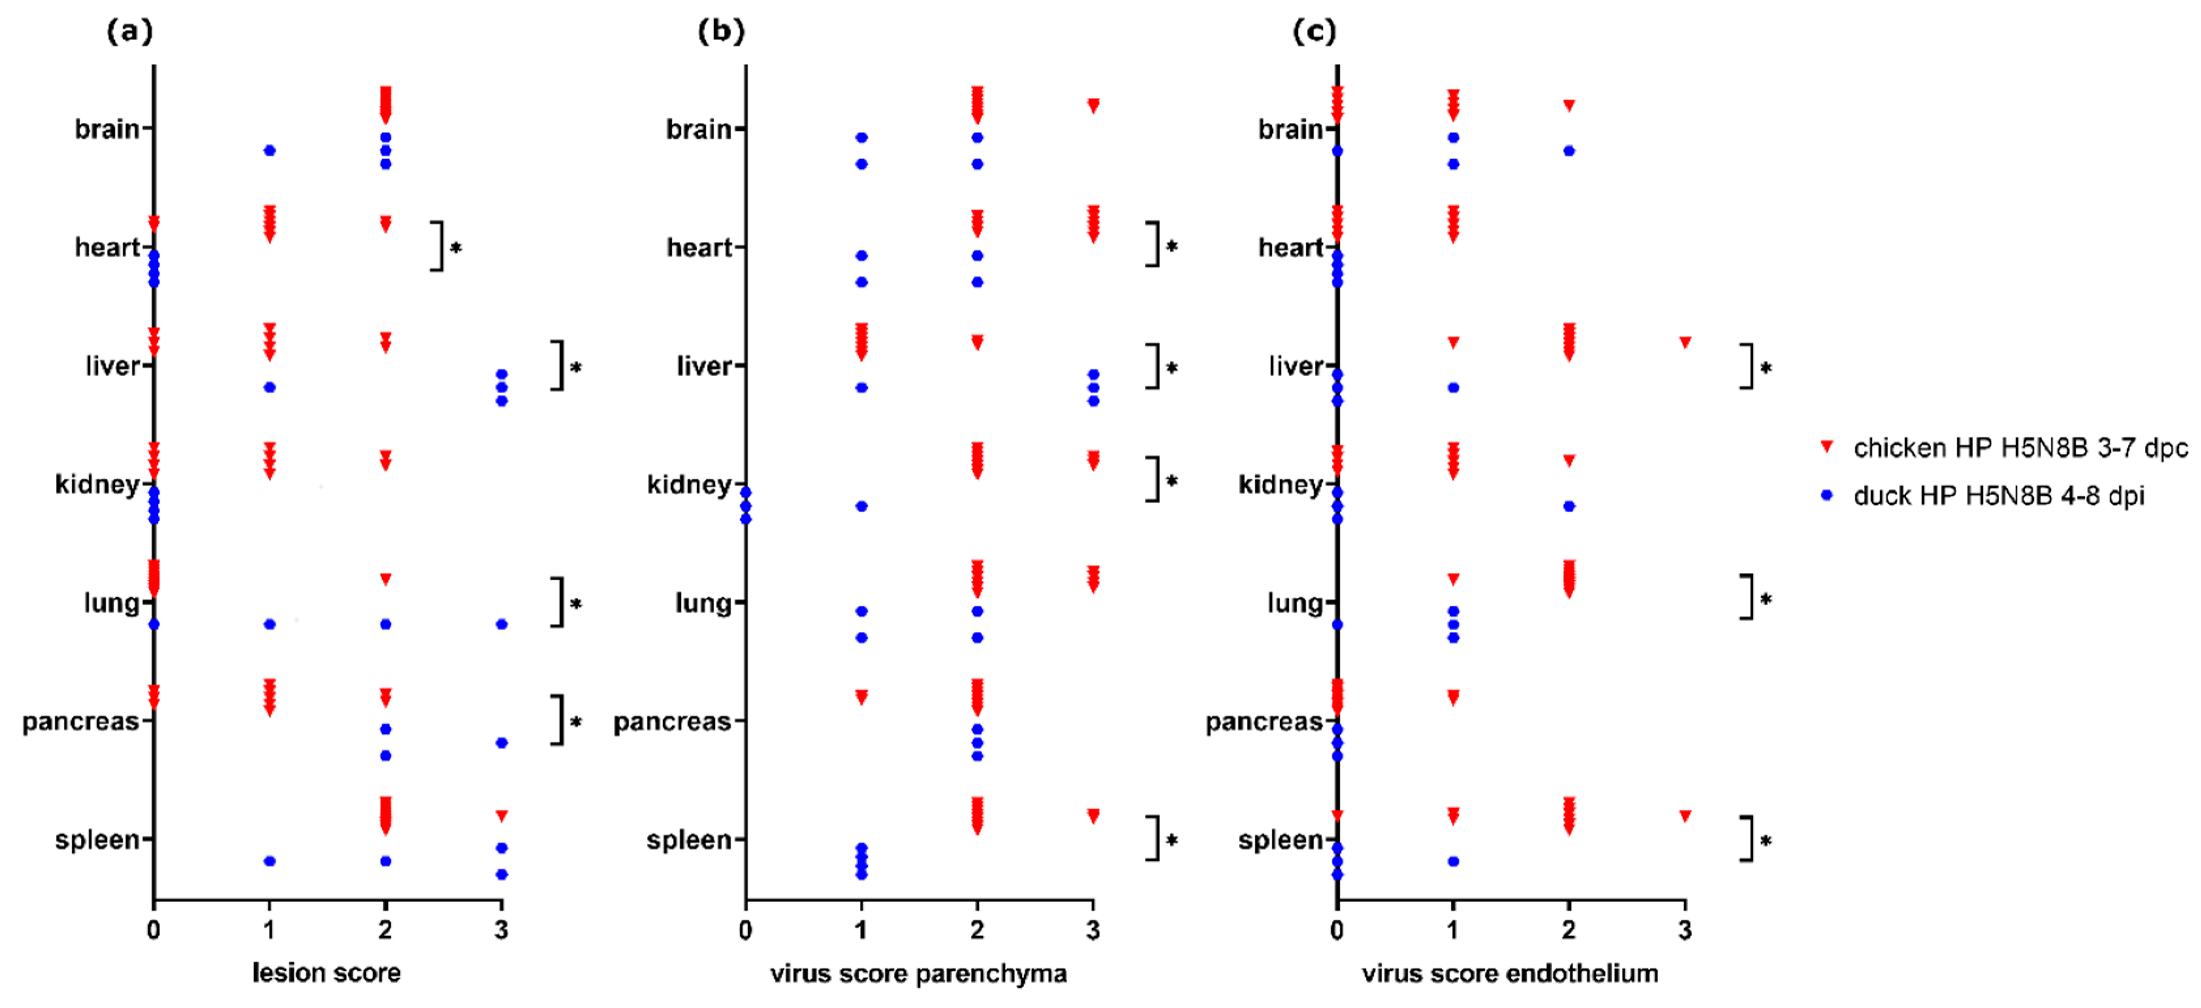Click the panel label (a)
[130, 32]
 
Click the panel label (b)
[721, 32]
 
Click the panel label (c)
[1313, 32]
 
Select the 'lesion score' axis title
[327, 972]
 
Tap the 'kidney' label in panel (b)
[689, 484]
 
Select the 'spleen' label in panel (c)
[1280, 840]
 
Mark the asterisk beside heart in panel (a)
[456, 248]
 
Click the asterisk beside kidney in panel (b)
[1171, 481]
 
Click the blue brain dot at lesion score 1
[269, 151]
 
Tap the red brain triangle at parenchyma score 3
[1093, 105]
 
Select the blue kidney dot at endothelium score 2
[1569, 506]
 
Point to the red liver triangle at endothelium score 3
[1685, 342]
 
